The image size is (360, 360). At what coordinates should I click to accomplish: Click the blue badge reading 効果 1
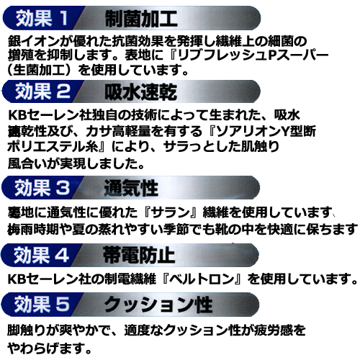[42, 18]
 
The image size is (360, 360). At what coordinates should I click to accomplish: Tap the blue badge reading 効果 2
[41, 91]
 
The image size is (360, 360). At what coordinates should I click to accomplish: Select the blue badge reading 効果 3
[41, 187]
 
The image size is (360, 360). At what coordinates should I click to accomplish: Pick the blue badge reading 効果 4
[40, 255]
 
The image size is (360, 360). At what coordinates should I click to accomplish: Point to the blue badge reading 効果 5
[40, 304]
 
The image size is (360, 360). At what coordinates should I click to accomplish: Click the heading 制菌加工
[141, 19]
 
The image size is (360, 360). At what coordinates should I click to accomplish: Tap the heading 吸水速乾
[140, 92]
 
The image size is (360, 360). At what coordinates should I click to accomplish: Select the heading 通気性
[131, 188]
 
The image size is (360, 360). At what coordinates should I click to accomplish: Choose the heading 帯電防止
[139, 256]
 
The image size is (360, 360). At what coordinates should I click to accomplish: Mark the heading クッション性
[158, 305]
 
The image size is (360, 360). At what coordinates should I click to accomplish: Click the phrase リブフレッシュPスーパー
[253, 55]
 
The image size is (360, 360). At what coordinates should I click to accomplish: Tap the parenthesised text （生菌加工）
[40, 70]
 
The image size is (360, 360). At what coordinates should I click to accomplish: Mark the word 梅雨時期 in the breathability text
[33, 229]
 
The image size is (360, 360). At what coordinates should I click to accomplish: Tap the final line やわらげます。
[50, 348]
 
